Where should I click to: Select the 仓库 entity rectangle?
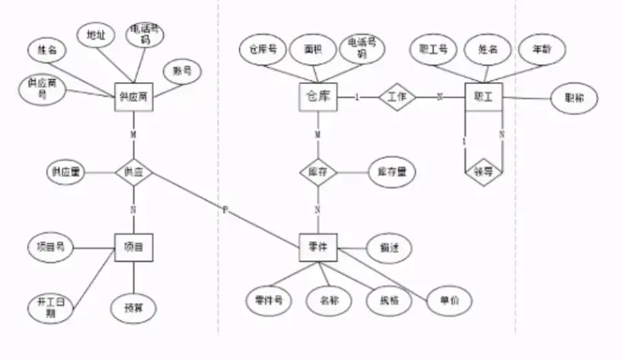pyautogui.click(x=317, y=97)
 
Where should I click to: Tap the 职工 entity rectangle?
pyautogui.click(x=483, y=97)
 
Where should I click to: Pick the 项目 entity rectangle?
pyautogui.click(x=134, y=246)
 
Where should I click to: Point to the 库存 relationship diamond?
pyautogui.click(x=317, y=172)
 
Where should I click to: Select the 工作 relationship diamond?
pyautogui.click(x=397, y=97)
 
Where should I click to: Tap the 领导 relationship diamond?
pyautogui.click(x=483, y=171)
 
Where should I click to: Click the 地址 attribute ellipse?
pyautogui.click(x=97, y=35)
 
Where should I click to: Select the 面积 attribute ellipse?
pyautogui.click(x=312, y=49)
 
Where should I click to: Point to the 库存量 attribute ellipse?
pyautogui.click(x=391, y=172)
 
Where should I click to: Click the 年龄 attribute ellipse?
pyautogui.click(x=541, y=49)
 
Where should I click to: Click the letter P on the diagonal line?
pyautogui.click(x=225, y=209)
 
